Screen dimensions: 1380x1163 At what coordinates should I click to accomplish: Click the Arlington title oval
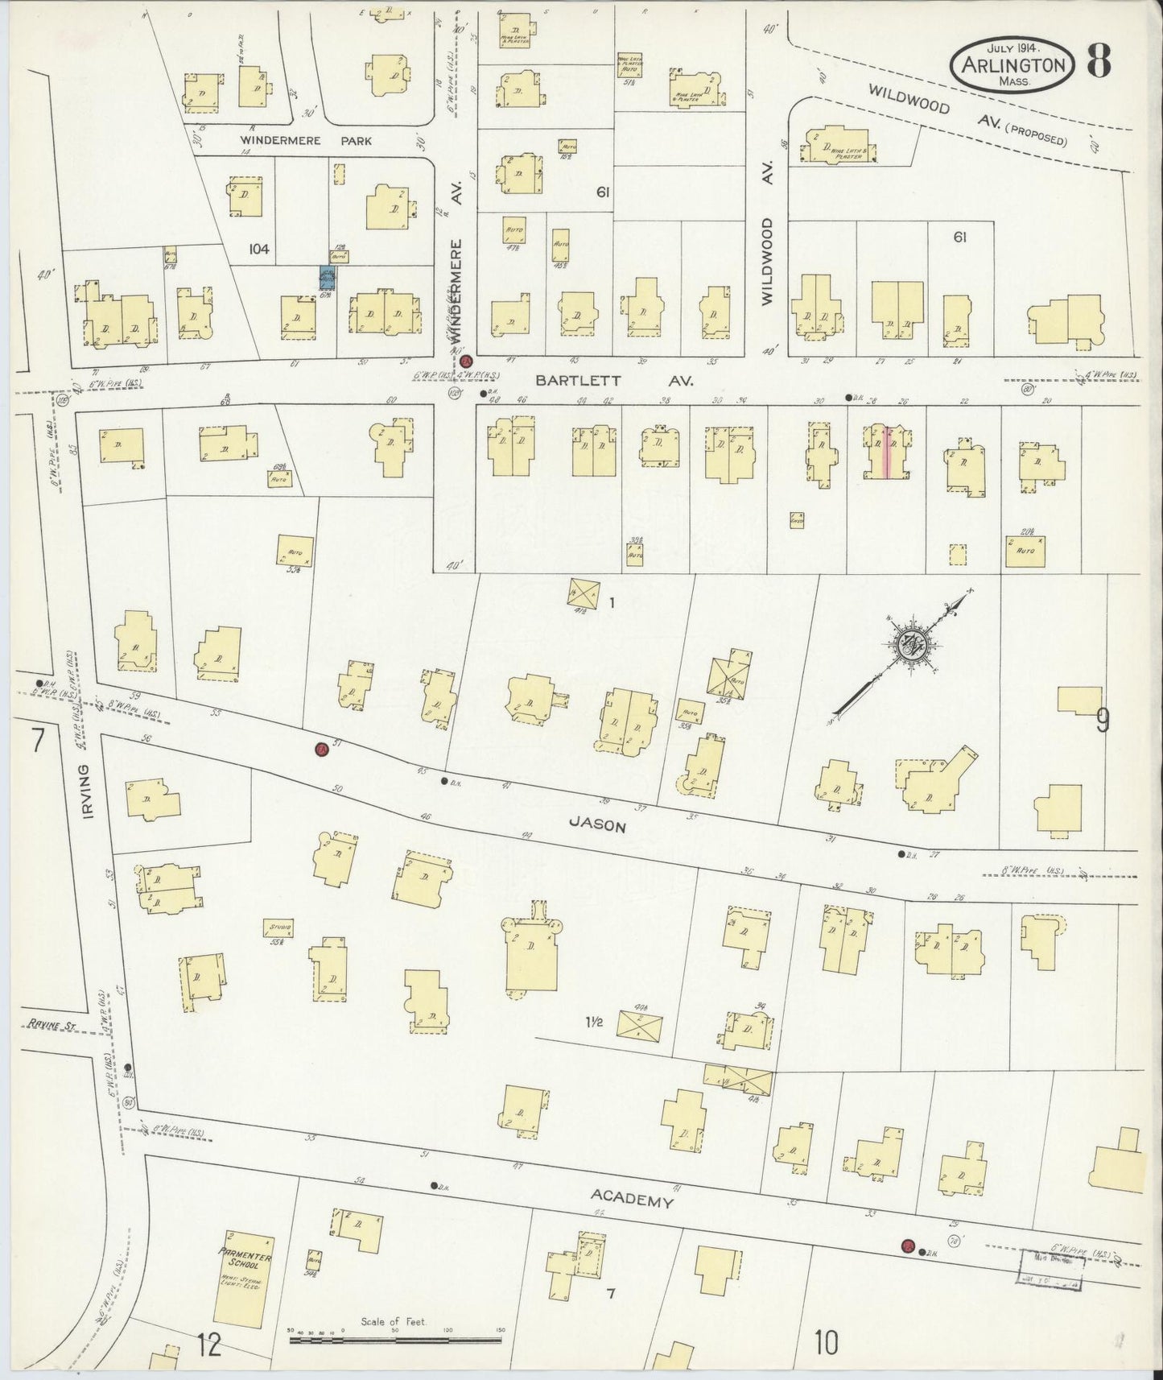point(1012,65)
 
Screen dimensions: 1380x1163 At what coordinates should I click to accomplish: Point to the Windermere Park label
point(306,141)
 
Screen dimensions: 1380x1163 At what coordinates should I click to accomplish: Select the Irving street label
point(90,792)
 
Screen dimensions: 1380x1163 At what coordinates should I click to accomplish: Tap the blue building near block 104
point(327,279)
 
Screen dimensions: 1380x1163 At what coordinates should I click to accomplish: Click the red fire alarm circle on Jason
point(320,750)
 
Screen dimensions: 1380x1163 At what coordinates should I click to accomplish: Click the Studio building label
point(278,928)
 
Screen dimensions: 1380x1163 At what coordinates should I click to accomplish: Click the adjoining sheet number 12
point(208,1344)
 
